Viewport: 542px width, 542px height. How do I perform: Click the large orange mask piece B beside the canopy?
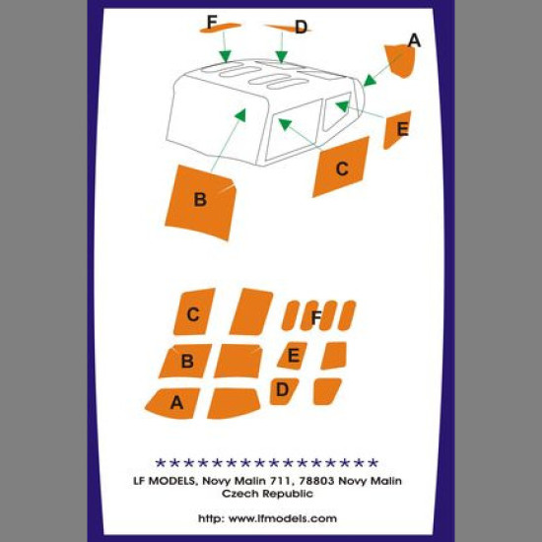click(x=200, y=202)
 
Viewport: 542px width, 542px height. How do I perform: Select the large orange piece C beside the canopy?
click(x=341, y=167)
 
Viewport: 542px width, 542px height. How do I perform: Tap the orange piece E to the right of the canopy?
click(x=397, y=130)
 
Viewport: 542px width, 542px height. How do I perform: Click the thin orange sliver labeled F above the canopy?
click(x=220, y=28)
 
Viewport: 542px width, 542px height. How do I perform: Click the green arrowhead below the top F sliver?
click(x=225, y=56)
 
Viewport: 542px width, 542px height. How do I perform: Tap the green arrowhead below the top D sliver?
click(x=282, y=57)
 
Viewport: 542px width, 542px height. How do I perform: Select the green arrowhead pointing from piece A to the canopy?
click(x=370, y=81)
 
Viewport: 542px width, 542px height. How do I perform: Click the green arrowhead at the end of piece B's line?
click(x=240, y=114)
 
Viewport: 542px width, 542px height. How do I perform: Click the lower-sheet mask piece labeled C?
click(x=194, y=311)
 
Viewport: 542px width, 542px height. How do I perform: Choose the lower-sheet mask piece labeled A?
click(x=172, y=403)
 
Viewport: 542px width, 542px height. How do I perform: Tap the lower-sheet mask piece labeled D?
click(x=284, y=391)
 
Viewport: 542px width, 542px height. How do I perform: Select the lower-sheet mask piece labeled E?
click(x=293, y=356)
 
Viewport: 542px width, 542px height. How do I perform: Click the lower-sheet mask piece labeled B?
click(x=185, y=361)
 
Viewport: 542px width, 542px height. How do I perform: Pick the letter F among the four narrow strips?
click(x=316, y=318)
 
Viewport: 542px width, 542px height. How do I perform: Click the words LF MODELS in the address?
click(x=165, y=481)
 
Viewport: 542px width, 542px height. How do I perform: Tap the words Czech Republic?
click(x=267, y=494)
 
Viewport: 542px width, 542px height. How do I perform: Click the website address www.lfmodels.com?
click(x=283, y=518)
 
